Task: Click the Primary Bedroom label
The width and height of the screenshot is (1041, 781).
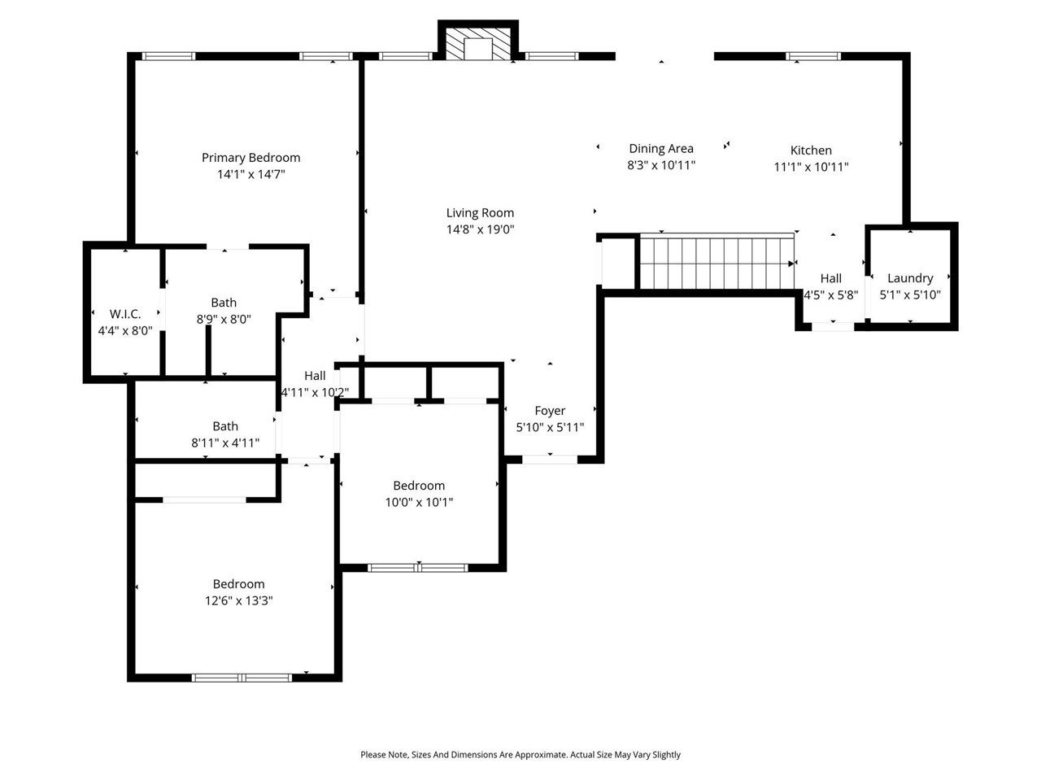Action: [x=250, y=158]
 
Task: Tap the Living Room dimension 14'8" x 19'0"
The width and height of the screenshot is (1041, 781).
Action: [x=480, y=229]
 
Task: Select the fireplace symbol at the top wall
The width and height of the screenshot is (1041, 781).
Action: [x=478, y=46]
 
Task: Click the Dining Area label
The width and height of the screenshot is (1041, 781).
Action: [x=660, y=148]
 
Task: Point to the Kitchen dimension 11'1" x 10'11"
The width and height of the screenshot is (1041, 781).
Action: [x=811, y=167]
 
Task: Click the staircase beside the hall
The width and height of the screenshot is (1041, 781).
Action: [x=716, y=263]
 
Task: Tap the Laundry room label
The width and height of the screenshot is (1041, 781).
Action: [x=910, y=278]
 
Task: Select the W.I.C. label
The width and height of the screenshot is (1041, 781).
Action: [x=125, y=314]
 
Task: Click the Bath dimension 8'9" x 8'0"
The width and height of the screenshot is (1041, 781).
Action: [x=224, y=320]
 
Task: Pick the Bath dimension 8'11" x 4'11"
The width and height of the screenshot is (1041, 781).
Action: [x=225, y=443]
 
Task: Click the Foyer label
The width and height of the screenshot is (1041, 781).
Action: [x=550, y=411]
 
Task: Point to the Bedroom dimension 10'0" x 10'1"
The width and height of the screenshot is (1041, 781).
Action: [x=419, y=503]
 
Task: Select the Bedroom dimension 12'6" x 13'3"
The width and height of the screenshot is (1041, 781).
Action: [x=238, y=601]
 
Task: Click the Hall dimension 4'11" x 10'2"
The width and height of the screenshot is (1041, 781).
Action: [x=315, y=392]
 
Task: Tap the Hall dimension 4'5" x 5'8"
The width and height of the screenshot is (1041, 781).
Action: [x=830, y=295]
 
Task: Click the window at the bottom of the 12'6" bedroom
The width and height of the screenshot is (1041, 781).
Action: [x=242, y=677]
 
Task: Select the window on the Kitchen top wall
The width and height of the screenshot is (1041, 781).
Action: [x=813, y=56]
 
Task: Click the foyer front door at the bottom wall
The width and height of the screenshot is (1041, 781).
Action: [x=550, y=460]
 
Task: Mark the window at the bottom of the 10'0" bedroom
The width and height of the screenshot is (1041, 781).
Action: [x=418, y=567]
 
